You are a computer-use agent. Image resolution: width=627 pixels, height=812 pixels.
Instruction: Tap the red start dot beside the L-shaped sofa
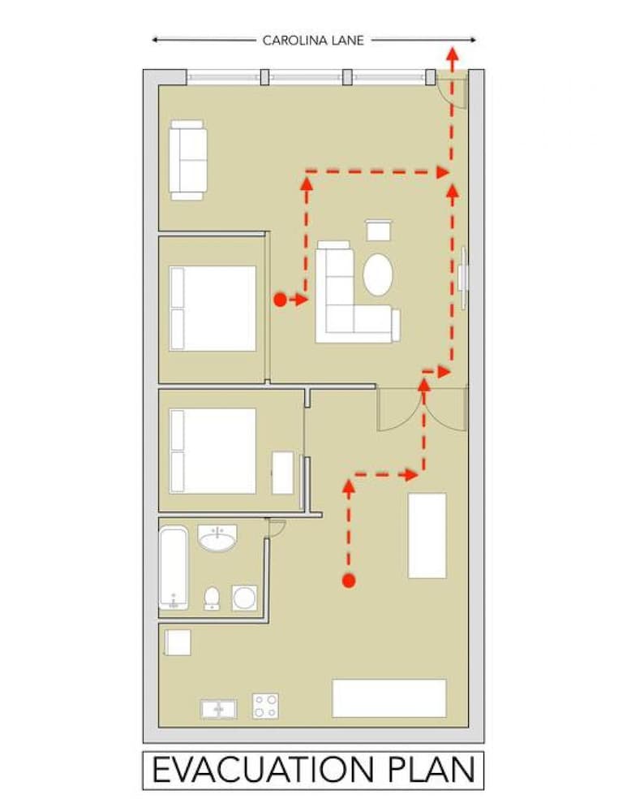coord(280,300)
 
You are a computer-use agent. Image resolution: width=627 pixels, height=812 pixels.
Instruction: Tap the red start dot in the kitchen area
coord(349,581)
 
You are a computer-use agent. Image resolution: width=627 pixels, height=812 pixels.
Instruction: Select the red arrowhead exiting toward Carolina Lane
coord(452,54)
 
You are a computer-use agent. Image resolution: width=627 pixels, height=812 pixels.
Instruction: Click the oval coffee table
coord(378,274)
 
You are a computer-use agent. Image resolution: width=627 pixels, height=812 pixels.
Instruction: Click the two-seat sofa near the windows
coord(188,160)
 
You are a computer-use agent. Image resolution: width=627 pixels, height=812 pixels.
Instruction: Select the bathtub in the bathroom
coord(174,568)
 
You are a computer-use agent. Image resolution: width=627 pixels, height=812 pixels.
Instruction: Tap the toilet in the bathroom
coord(212,598)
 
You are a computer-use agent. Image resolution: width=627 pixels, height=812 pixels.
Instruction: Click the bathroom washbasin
coord(218,538)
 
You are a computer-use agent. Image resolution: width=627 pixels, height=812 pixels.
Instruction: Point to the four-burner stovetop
coord(265,706)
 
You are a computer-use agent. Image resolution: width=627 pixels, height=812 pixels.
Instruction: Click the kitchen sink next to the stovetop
coord(219,709)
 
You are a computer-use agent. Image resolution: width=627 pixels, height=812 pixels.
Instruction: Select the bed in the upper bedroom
coord(213,308)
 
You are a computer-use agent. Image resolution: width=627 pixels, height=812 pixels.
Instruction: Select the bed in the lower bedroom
coord(213,451)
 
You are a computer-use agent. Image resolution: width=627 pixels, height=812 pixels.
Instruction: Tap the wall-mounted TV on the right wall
coord(463,278)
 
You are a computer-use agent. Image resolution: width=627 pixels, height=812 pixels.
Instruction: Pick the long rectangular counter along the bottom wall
coord(389,698)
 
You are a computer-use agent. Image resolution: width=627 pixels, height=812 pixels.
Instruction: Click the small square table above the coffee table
coord(379,230)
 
